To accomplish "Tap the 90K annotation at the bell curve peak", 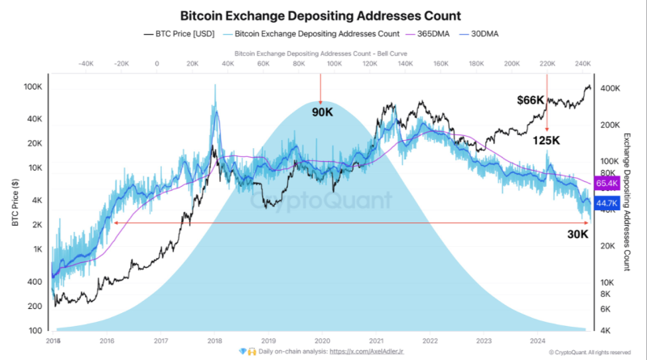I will (x=322, y=112).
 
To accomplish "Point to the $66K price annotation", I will (x=531, y=100).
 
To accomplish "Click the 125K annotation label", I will (x=548, y=141).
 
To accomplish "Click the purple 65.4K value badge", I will (x=607, y=184).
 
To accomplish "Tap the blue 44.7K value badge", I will (x=607, y=203).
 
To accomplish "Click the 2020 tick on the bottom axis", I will (x=322, y=341).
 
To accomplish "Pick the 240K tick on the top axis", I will (x=581, y=62).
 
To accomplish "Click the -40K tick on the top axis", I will (x=86, y=62).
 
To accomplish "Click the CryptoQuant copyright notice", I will (x=590, y=353).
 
